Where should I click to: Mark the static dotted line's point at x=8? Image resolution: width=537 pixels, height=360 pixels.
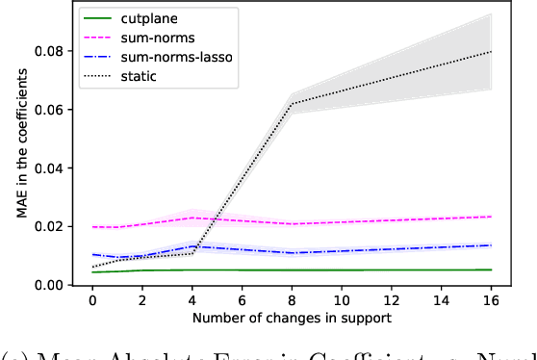293,103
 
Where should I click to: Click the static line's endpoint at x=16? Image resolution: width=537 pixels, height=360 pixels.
492,51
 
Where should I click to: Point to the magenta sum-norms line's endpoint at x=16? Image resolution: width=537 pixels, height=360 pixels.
492,217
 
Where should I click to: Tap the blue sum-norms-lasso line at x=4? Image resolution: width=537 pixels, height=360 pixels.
192,246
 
